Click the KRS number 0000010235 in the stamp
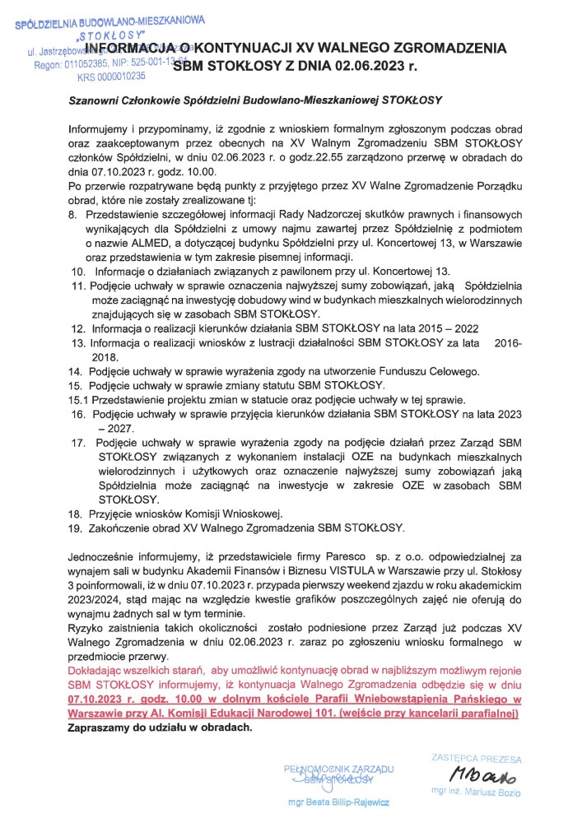(110, 76)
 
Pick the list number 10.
(79, 271)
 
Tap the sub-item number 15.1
(78, 399)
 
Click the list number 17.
(79, 442)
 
